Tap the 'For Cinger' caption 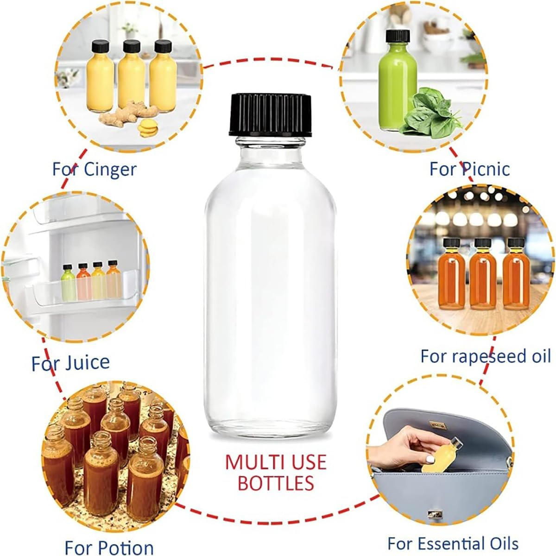pyautogui.click(x=94, y=169)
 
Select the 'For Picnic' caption pyautogui.click(x=469, y=169)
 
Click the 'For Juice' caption pyautogui.click(x=70, y=362)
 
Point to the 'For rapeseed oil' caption pyautogui.click(x=486, y=356)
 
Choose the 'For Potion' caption pyautogui.click(x=109, y=547)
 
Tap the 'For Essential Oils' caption pyautogui.click(x=453, y=543)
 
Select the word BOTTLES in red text pyautogui.click(x=276, y=483)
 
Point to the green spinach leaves pyautogui.click(x=429, y=114)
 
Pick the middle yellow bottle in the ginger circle pyautogui.click(x=131, y=76)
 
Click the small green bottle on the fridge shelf pyautogui.click(x=68, y=283)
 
